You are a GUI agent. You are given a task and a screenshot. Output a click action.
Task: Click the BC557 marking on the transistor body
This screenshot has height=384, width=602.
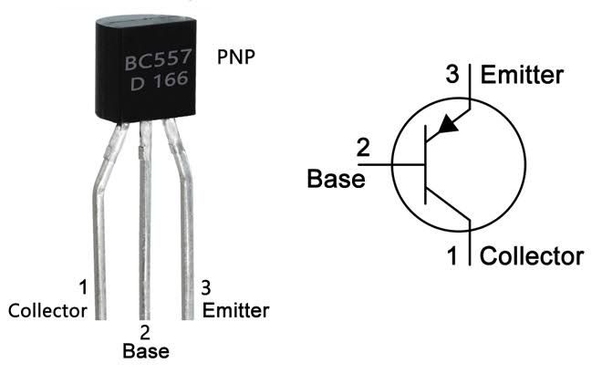(157, 63)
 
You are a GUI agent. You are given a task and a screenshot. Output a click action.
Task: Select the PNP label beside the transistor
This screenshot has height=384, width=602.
(236, 57)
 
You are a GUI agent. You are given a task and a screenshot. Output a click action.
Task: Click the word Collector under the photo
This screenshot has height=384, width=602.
(47, 310)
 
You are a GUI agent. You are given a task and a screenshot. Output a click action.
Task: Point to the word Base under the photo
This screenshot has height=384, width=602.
(145, 350)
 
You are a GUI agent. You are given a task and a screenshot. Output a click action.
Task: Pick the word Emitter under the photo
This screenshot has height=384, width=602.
(235, 310)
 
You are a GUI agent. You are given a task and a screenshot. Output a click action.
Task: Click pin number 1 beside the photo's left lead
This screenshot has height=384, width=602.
(83, 288)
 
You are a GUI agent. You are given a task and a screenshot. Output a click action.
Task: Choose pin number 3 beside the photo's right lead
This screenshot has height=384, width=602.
(206, 288)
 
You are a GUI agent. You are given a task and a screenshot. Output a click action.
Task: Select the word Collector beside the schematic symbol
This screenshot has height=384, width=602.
(531, 254)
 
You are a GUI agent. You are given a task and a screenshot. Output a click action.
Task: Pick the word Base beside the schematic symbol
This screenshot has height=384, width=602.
(335, 178)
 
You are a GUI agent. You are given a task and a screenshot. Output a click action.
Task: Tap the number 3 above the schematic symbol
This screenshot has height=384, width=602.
(452, 75)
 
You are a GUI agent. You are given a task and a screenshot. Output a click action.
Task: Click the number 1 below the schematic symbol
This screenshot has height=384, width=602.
(451, 255)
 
